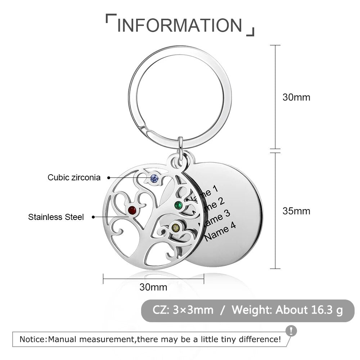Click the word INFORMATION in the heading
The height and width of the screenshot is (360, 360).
point(180,25)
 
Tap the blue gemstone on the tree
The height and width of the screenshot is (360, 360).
point(154,177)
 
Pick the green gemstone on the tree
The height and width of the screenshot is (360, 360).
point(178,206)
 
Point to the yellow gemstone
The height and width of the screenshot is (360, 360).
point(175,228)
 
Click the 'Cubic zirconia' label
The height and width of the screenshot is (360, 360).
point(74,177)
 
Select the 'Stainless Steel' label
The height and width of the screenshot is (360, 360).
point(56,217)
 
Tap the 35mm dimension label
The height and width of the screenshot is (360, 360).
point(296,211)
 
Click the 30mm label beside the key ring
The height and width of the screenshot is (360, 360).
point(296,97)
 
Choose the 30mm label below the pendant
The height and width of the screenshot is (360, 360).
point(153,287)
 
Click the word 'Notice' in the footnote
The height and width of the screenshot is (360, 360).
point(32,339)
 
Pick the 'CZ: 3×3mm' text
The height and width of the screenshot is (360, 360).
point(183,310)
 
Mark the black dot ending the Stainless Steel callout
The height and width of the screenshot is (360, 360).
point(94,217)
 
